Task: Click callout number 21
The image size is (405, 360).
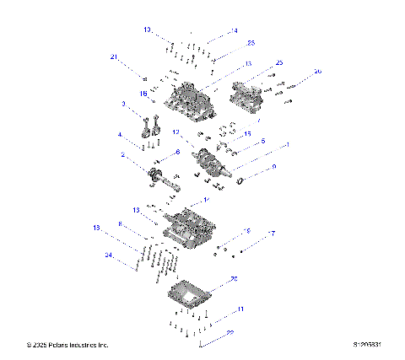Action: (112, 57)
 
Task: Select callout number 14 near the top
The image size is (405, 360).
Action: (234, 30)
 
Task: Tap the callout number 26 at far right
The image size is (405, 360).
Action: (317, 72)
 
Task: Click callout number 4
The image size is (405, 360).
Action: (121, 135)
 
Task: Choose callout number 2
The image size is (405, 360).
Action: (123, 155)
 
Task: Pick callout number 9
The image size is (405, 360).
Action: (273, 168)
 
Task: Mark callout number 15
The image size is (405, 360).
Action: (247, 134)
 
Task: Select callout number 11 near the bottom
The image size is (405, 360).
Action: (240, 310)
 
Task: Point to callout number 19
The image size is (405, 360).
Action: (247, 231)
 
